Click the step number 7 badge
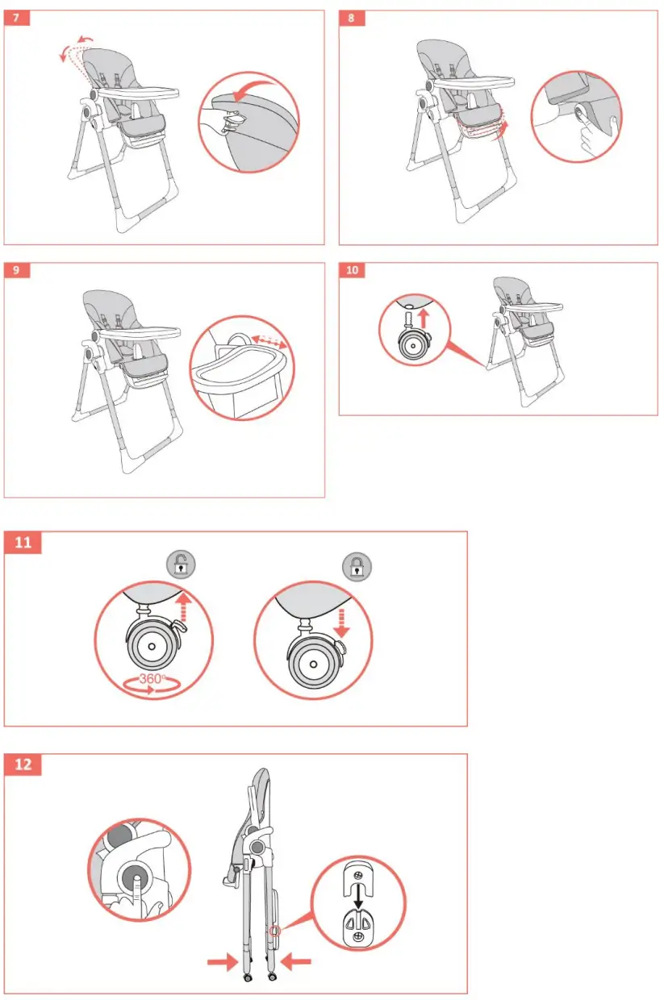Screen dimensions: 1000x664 coord(17,18)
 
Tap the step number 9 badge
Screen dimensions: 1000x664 coord(17,270)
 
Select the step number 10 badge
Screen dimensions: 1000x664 coord(352,270)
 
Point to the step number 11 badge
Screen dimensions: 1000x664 coord(23,543)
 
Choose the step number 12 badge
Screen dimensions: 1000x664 coord(23,764)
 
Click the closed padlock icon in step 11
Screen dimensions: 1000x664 coord(357,566)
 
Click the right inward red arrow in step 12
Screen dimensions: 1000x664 coord(296,961)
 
